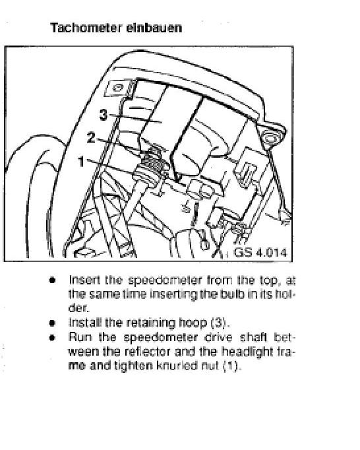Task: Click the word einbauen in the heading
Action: click(x=154, y=28)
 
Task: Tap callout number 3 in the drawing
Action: click(x=104, y=115)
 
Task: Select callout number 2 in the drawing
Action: click(x=90, y=137)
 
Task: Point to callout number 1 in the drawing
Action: click(x=82, y=161)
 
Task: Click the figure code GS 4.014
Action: click(x=260, y=252)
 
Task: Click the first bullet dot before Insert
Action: click(x=52, y=280)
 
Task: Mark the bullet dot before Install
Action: click(x=52, y=323)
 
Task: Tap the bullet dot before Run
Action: click(x=52, y=338)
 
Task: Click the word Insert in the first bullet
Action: click(x=84, y=280)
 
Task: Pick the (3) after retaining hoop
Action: click(x=219, y=323)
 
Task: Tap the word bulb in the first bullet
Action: click(x=232, y=294)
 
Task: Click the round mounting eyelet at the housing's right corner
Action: click(x=270, y=137)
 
